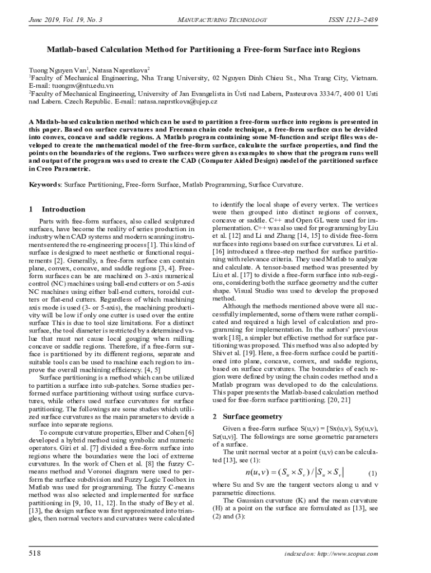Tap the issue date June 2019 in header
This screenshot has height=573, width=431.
click(42, 20)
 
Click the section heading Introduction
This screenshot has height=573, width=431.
click(64, 209)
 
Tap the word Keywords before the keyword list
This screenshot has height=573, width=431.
click(45, 185)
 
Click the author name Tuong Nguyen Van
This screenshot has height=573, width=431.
click(57, 71)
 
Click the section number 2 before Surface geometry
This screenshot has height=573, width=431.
click(215, 416)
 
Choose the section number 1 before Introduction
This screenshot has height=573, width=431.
click(31, 209)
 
